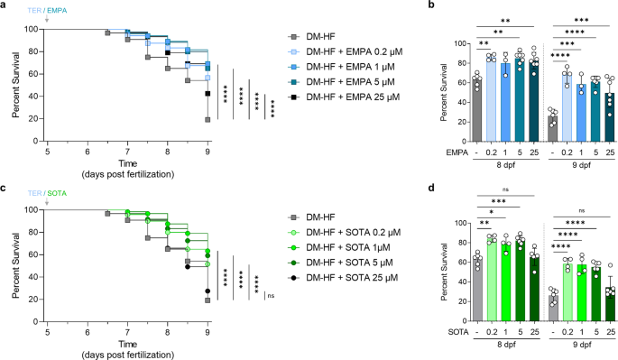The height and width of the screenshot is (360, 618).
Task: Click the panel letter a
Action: (5, 5)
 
